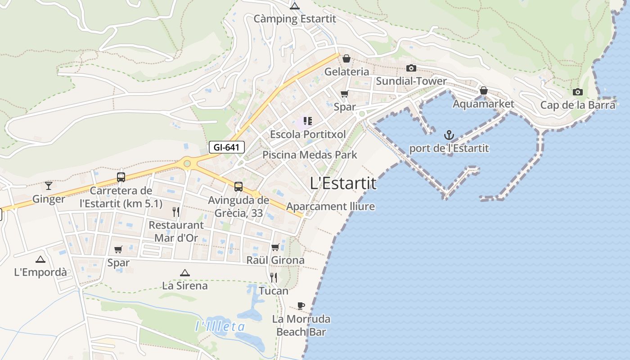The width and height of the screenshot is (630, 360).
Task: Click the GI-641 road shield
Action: pyautogui.click(x=227, y=147)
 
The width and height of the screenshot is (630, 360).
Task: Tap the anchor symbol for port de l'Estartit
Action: pyautogui.click(x=449, y=135)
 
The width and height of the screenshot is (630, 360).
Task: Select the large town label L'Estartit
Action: pyautogui.click(x=343, y=183)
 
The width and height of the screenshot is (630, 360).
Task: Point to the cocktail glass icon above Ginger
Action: pyautogui.click(x=49, y=185)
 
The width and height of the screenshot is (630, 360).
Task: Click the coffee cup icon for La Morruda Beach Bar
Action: pyautogui.click(x=301, y=306)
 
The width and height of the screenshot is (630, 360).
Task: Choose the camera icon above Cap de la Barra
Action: pyautogui.click(x=577, y=92)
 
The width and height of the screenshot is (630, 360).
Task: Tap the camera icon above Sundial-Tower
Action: pyautogui.click(x=411, y=68)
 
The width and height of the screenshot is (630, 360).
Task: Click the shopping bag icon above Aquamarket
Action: pyautogui.click(x=483, y=91)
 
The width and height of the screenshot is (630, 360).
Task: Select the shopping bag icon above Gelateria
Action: pyautogui.click(x=346, y=58)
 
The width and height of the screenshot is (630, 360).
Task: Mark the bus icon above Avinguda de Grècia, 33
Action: pyautogui.click(x=238, y=186)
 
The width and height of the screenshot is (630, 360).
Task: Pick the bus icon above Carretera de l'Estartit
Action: pyautogui.click(x=121, y=177)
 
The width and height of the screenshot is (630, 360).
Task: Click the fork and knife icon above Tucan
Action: pyautogui.click(x=274, y=277)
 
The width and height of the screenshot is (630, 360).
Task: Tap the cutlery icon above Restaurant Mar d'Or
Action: pyautogui.click(x=176, y=211)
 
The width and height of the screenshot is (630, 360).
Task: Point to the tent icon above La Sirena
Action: pyautogui.click(x=184, y=273)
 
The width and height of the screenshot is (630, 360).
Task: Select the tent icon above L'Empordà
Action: pyautogui.click(x=40, y=259)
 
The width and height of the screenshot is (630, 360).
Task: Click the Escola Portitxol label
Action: pyautogui.click(x=308, y=135)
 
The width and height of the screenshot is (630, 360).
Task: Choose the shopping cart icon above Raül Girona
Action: pyautogui.click(x=275, y=247)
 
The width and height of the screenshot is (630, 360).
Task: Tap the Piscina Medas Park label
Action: pyautogui.click(x=310, y=155)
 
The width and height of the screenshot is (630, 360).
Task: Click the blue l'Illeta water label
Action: pyautogui.click(x=220, y=327)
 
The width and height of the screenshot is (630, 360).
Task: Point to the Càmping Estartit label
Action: pyautogui.click(x=295, y=19)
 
